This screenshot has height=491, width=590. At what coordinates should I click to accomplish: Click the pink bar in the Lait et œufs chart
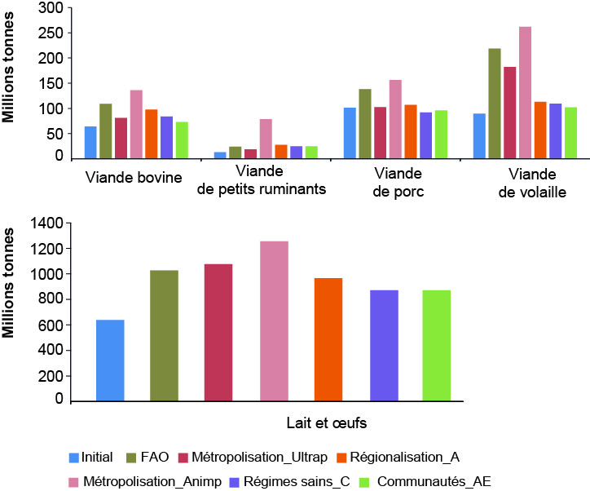(x=274, y=321)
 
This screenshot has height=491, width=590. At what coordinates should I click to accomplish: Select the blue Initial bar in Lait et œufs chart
(x=110, y=360)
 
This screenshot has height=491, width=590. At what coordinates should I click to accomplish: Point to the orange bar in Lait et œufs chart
(x=328, y=339)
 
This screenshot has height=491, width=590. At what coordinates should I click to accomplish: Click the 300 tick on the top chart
(x=51, y=8)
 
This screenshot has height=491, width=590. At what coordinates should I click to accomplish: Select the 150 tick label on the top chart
(x=51, y=83)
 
